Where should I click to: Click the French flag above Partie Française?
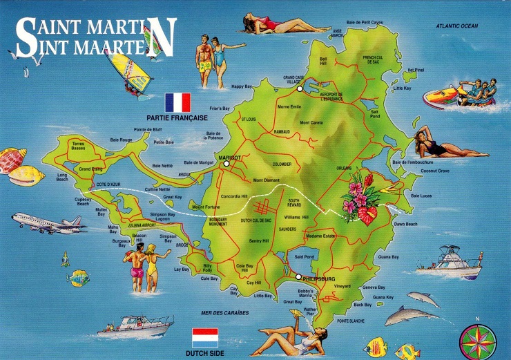pos(177,102)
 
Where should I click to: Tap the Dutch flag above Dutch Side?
pos(204,338)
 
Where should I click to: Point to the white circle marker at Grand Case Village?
pos(300,88)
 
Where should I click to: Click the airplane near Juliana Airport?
pos(48,222)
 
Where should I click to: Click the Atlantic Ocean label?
pos(456,26)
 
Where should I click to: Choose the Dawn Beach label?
pos(405,224)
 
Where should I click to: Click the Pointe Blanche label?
pos(351,321)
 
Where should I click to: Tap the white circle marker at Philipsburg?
pos(298,277)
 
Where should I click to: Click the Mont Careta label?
pos(311,122)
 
